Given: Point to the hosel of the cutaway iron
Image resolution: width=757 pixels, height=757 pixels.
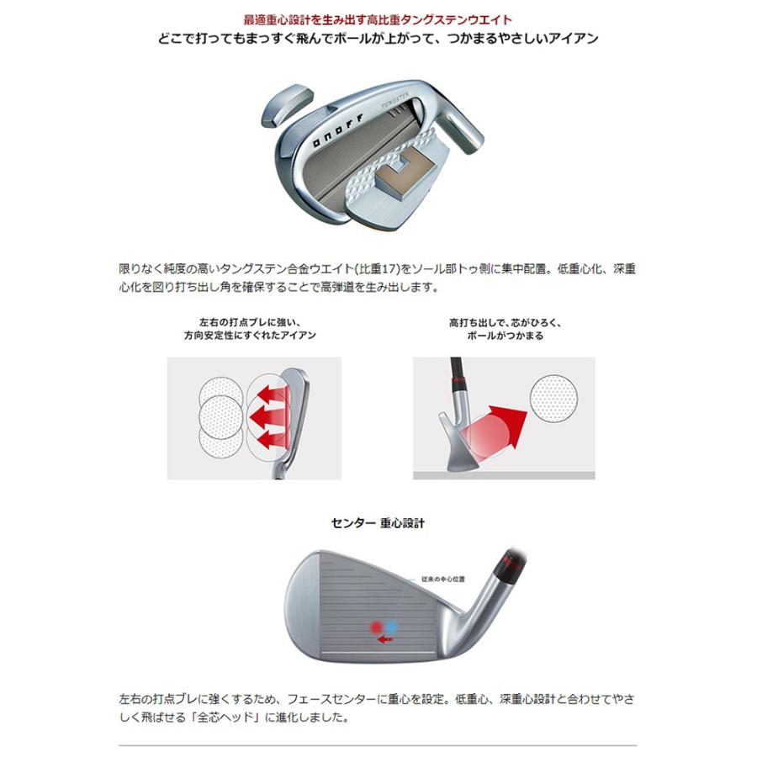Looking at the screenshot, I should click(461, 118).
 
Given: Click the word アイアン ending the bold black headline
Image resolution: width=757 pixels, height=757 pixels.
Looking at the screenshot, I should click(575, 39).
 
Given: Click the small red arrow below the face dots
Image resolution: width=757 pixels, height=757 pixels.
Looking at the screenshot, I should click(386, 640).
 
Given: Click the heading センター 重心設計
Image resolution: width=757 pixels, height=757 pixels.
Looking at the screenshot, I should click(378, 523).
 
